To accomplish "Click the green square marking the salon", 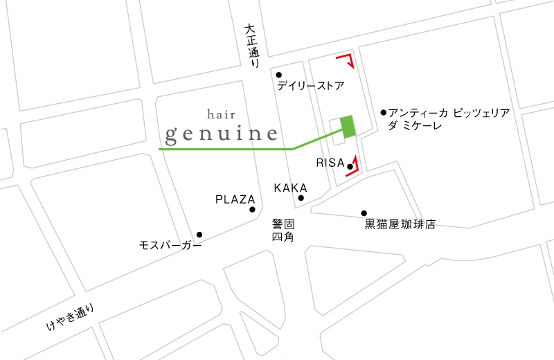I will point(348,125).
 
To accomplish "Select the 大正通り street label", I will point(251,46).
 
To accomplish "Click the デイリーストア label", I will point(310,87).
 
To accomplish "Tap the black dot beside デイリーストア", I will point(279,75).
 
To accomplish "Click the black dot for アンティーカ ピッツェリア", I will point(384,111).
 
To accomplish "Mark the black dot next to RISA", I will point(350,167).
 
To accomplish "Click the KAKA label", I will point(290,188).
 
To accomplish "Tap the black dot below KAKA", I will point(301,198).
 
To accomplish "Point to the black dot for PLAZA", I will point(252,209).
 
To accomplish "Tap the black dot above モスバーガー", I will point(199,234).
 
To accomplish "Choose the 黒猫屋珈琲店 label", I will point(400,224).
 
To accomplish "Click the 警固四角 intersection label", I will point(283,230).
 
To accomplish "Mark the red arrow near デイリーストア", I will point(348,60).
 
